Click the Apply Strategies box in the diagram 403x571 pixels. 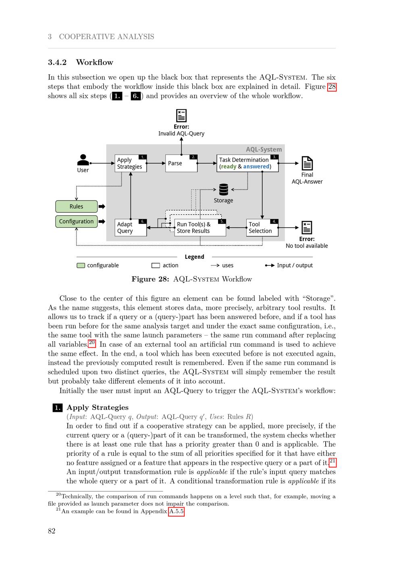(x=131, y=163)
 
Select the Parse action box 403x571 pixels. (x=181, y=163)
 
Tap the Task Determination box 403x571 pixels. (x=247, y=163)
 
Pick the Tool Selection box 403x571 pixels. (x=262, y=228)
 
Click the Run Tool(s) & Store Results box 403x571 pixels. (x=200, y=228)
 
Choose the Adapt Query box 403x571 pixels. (x=131, y=228)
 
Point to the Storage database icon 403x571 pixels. (x=224, y=189)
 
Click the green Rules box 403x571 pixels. (x=76, y=206)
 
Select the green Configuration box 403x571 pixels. (x=76, y=221)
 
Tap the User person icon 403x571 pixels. (x=83, y=160)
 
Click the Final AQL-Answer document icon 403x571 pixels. (x=307, y=163)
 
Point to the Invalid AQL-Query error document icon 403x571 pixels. (x=181, y=115)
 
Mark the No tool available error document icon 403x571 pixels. (x=307, y=228)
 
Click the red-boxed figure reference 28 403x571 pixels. (x=332, y=86)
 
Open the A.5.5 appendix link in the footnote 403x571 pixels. (x=176, y=512)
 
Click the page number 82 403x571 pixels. (x=52, y=531)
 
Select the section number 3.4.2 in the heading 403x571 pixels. (x=57, y=62)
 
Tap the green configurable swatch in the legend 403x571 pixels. (x=81, y=265)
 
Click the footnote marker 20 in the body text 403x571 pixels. (x=92, y=343)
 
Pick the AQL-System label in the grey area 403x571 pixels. (x=264, y=149)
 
